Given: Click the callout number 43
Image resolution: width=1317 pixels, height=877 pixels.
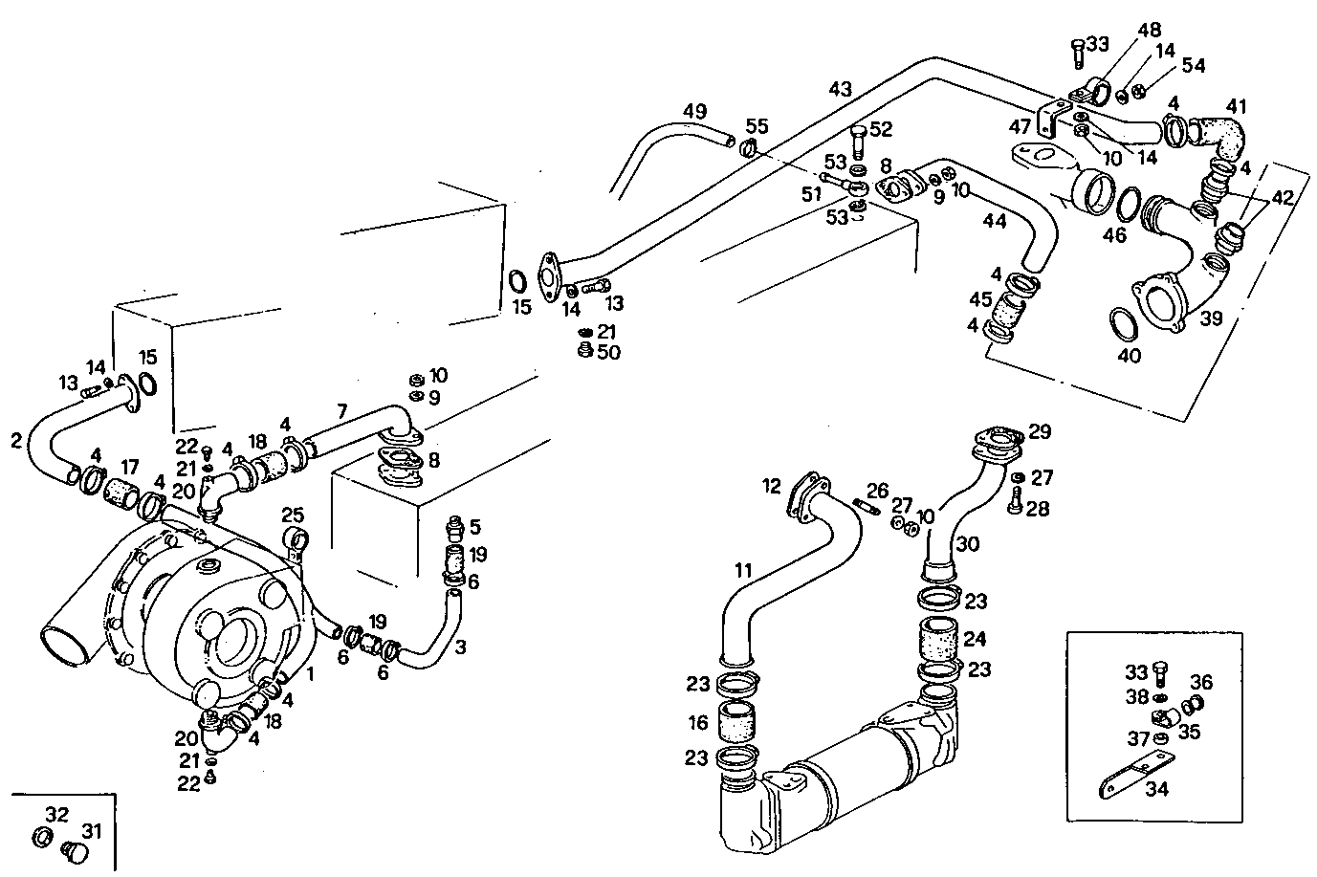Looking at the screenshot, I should click(x=840, y=88).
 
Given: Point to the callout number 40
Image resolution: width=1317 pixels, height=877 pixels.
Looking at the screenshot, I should click(x=1130, y=356).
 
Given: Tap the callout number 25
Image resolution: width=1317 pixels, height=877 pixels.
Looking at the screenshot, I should click(x=293, y=515).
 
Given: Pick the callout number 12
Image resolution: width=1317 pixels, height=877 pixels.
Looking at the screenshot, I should click(x=773, y=486).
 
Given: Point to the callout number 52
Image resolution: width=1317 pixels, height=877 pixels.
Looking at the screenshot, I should click(x=881, y=129).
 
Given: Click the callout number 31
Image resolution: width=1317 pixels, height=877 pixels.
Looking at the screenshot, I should click(x=90, y=829).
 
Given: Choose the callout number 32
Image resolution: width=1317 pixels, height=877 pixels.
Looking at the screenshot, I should click(x=57, y=815).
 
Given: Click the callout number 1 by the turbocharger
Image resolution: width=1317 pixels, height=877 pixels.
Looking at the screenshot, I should click(x=309, y=672).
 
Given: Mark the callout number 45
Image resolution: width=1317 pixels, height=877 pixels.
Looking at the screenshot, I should click(x=980, y=298).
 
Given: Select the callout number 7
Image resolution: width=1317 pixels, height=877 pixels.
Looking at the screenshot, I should click(x=341, y=412).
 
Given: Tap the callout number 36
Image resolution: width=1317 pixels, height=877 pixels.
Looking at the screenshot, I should click(x=1201, y=682).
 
